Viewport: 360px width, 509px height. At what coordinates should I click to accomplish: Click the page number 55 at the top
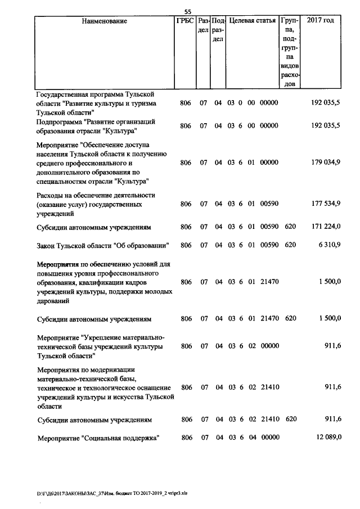188,12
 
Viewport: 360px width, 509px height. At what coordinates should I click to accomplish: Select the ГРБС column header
185,21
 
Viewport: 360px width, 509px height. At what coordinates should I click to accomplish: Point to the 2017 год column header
320,21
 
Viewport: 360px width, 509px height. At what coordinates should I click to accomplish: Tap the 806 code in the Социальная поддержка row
186,438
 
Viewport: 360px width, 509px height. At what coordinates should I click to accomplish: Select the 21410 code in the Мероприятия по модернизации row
269,388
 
